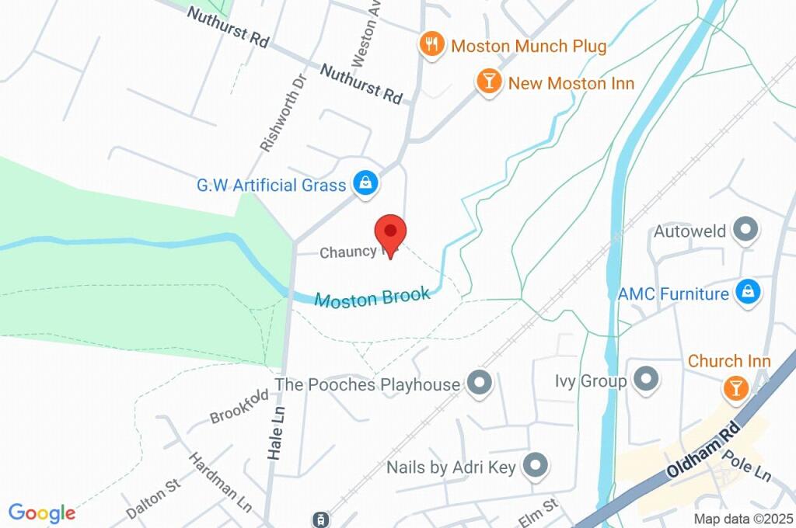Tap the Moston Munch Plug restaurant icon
[431, 44]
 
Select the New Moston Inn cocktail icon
[489, 82]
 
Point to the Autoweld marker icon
[746, 231]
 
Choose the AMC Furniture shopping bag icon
[748, 293]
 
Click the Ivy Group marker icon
[646, 380]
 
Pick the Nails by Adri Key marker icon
[535, 466]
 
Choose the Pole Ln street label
[745, 464]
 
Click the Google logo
[42, 512]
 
